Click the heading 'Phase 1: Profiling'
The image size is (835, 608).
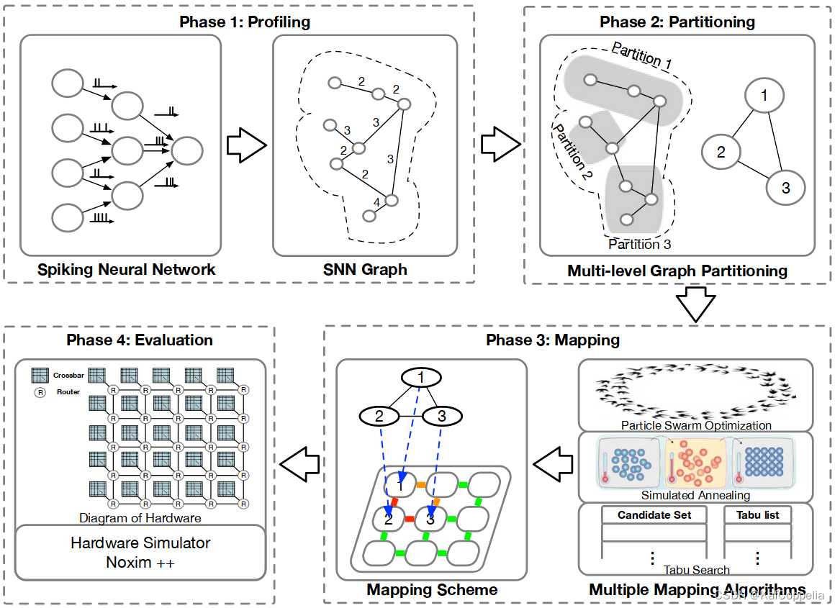(245, 22)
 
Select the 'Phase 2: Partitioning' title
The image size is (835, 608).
(677, 22)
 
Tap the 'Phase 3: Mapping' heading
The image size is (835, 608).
(553, 340)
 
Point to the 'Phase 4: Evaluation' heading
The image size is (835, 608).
(140, 340)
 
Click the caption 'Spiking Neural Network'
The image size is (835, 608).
(127, 270)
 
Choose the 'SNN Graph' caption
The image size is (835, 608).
(365, 270)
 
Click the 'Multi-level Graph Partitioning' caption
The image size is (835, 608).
(677, 271)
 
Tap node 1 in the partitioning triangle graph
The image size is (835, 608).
(764, 95)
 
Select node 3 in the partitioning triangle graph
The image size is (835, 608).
(785, 188)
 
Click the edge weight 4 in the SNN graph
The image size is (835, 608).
(376, 202)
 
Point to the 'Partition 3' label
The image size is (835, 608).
(639, 245)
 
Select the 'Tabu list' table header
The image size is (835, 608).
(757, 514)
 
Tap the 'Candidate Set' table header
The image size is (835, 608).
(654, 514)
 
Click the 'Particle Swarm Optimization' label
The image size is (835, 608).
(696, 425)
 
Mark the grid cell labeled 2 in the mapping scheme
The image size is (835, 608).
(389, 519)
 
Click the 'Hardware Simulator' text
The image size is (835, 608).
(140, 543)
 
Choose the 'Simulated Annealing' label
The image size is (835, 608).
(696, 495)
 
